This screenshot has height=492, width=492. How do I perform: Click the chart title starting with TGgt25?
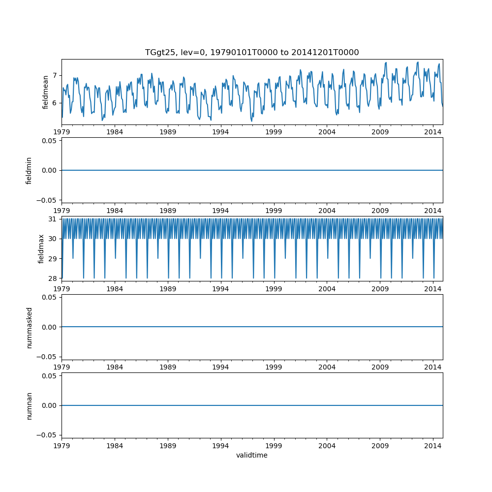[x=252, y=53]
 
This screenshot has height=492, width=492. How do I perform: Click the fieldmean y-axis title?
[x=46, y=92]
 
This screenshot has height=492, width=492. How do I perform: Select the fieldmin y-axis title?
[x=29, y=170]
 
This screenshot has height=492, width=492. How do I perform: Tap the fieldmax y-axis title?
[x=41, y=248]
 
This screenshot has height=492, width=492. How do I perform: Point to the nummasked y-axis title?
[x=29, y=327]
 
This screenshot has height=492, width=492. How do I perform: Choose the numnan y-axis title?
[x=29, y=405]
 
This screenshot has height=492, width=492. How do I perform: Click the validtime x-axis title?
[x=252, y=456]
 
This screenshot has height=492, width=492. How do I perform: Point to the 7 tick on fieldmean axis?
[x=55, y=75]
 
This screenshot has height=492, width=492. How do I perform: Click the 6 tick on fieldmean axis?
[x=55, y=103]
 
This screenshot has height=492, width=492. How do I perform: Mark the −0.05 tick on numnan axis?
[x=49, y=435]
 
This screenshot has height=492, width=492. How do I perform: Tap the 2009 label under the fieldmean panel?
[x=380, y=132]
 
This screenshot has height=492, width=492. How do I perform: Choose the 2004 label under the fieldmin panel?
[x=327, y=210]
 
